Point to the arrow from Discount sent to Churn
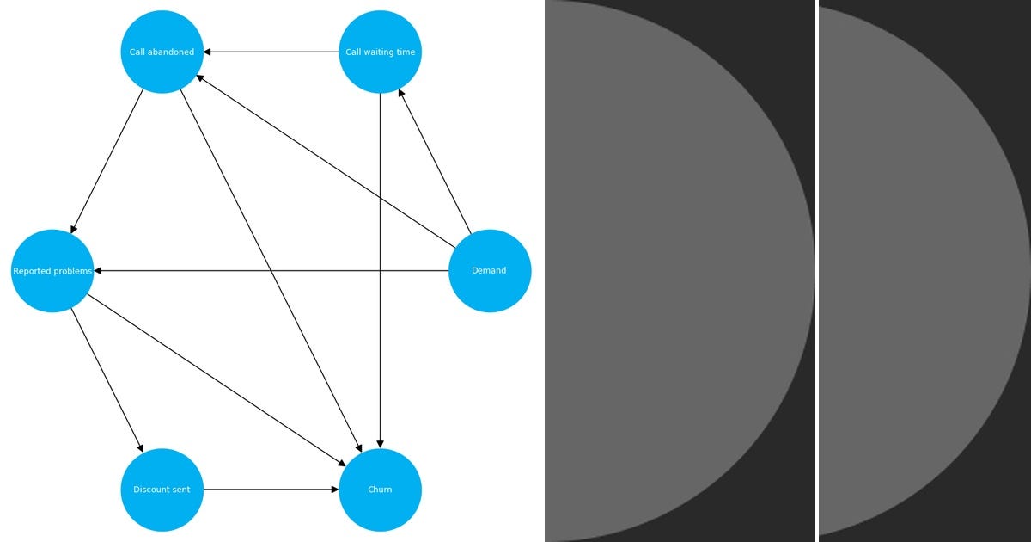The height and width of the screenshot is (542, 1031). pyautogui.click(x=271, y=490)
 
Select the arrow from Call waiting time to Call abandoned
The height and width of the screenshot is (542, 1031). pyautogui.click(x=271, y=52)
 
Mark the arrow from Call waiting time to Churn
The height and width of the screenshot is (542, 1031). pyautogui.click(x=380, y=344)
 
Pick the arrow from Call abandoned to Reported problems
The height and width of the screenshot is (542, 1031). pyautogui.click(x=107, y=161)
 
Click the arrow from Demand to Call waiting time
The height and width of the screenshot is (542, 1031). pyautogui.click(x=435, y=161)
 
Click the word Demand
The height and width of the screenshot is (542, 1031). pyautogui.click(x=489, y=271)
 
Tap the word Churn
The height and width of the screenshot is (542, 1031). pyautogui.click(x=380, y=490)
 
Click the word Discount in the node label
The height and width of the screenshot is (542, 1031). pyautogui.click(x=150, y=490)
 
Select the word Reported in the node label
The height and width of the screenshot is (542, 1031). pyautogui.click(x=31, y=271)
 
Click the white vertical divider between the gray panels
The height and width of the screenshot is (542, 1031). pyautogui.click(x=817, y=271)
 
